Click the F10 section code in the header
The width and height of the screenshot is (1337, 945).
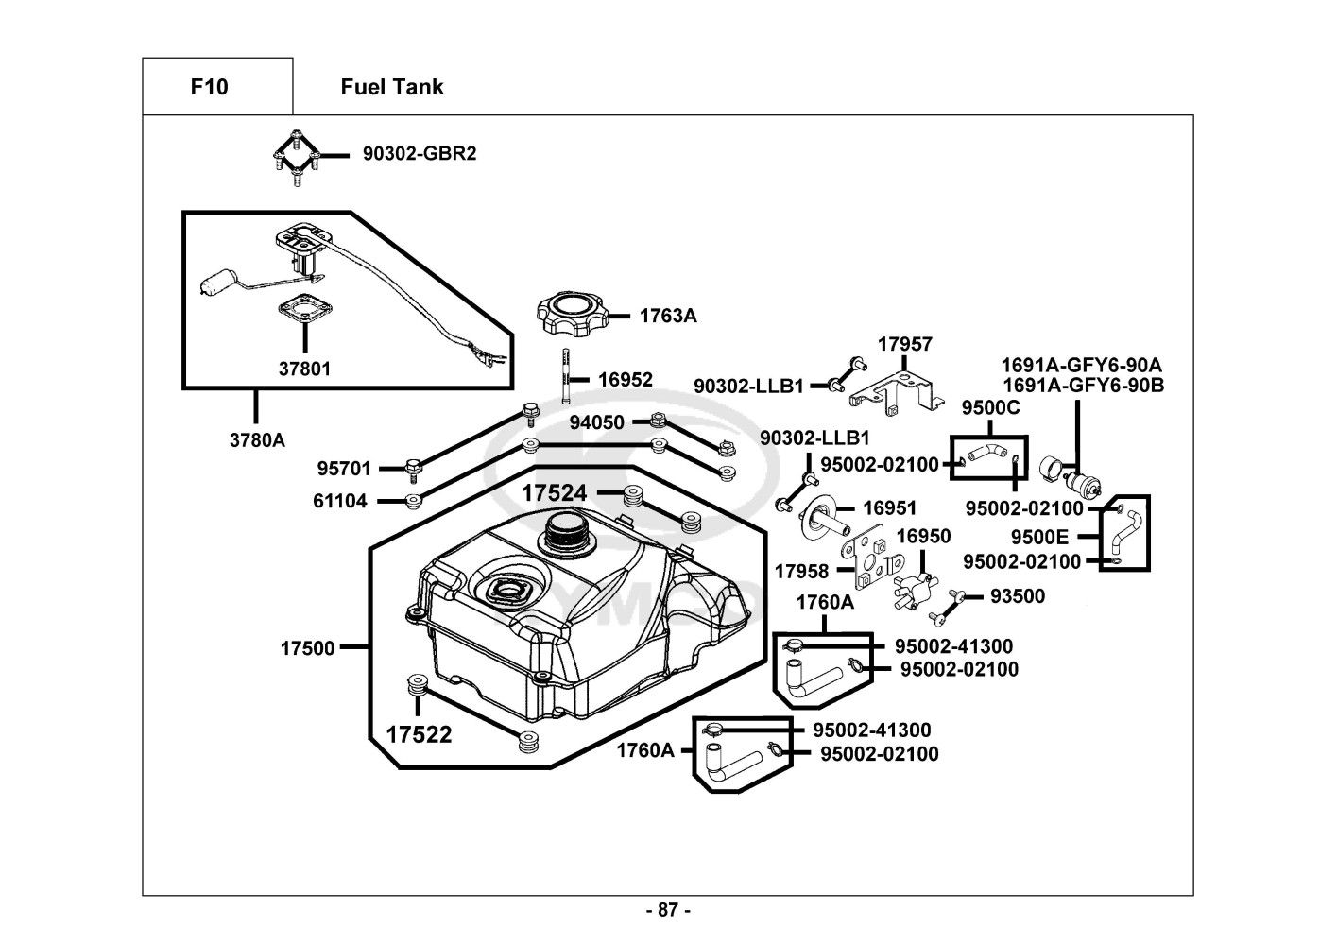[209, 88]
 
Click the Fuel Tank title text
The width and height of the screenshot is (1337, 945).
[391, 88]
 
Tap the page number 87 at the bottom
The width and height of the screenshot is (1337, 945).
[668, 911]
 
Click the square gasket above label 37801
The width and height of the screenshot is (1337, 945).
[304, 309]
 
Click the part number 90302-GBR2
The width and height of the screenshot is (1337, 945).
[420, 153]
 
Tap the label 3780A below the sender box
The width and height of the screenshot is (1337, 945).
[256, 439]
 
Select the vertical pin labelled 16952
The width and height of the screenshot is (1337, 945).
[566, 377]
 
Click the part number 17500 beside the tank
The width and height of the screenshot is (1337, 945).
[307, 648]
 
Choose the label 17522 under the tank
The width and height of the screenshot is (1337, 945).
[419, 734]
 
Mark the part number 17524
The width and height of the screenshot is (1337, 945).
[554, 493]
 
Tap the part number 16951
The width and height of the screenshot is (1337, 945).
[889, 508]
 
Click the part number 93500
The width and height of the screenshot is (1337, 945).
[1017, 596]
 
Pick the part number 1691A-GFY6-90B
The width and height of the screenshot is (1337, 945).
[1083, 386]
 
